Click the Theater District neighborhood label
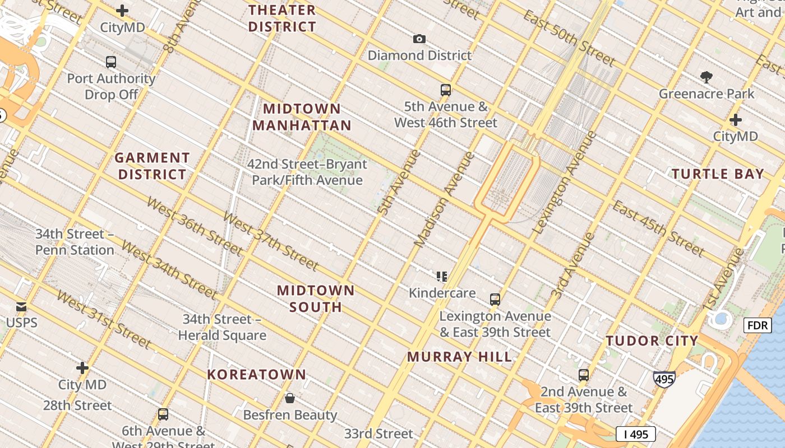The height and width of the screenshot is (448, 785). [282, 18]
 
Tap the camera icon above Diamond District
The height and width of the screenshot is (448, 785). [419, 39]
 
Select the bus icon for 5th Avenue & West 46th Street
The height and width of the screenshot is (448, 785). [445, 90]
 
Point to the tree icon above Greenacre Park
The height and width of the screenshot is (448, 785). [706, 77]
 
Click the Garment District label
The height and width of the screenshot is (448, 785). [152, 166]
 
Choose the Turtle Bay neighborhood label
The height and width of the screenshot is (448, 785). [718, 174]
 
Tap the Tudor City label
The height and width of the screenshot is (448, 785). [652, 340]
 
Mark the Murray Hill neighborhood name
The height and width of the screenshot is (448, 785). [459, 357]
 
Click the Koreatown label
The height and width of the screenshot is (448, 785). [257, 375]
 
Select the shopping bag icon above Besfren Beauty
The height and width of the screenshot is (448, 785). [290, 398]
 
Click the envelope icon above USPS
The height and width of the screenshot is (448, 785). [21, 306]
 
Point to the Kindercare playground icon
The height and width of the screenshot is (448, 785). [442, 276]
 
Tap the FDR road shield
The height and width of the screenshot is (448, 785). [757, 325]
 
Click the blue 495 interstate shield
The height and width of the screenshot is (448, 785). [664, 380]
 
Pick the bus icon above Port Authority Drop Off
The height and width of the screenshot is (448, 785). [111, 62]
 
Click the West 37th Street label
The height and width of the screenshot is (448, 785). [270, 241]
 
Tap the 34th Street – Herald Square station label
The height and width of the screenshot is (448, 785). [222, 327]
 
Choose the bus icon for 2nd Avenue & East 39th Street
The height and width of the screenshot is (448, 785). [584, 375]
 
